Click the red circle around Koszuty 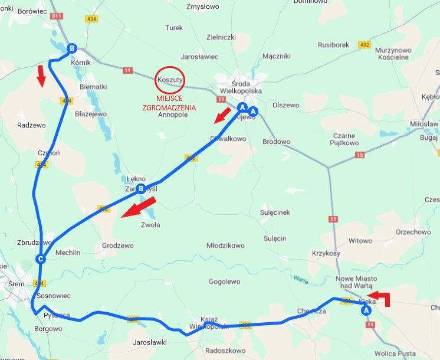click(x=170, y=78)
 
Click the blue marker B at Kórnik click(x=71, y=48)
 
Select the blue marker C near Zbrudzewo click(x=41, y=259)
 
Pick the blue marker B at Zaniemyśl click(x=140, y=189)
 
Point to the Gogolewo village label click(x=225, y=282)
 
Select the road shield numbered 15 click(x=359, y=155)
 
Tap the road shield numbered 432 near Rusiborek click(x=365, y=44)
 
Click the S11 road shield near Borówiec click(x=57, y=17)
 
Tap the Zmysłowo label click(x=203, y=7)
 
